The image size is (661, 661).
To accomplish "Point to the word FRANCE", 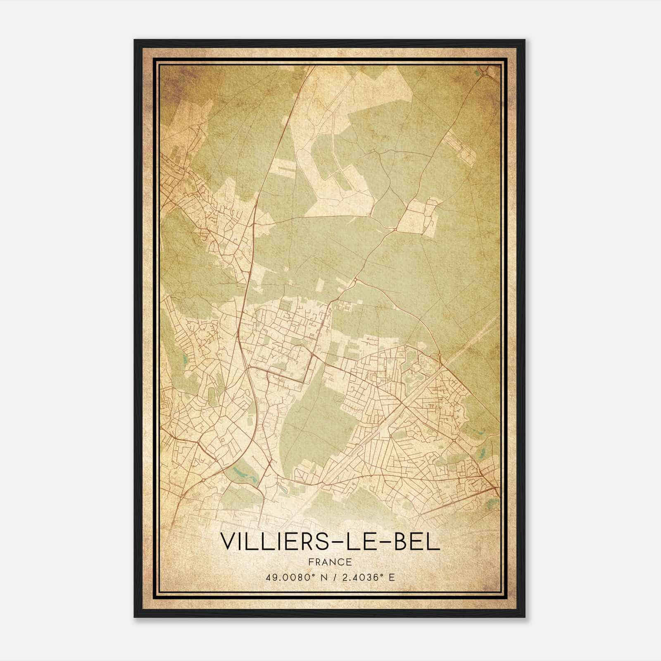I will [330, 562].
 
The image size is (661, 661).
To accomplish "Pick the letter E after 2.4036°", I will [392, 577].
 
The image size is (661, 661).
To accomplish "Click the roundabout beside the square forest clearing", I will [396, 228].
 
